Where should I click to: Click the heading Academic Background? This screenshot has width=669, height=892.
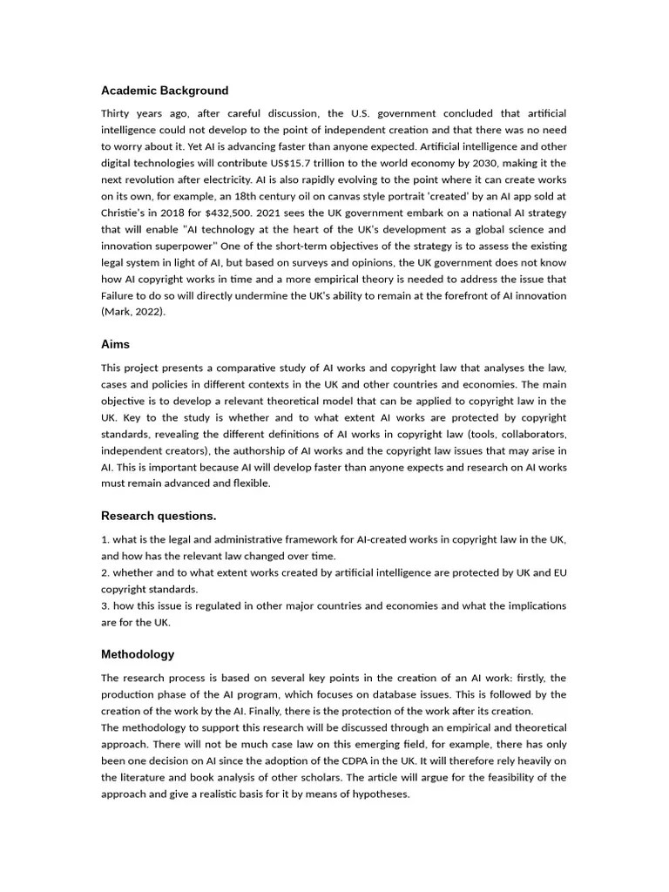(165, 91)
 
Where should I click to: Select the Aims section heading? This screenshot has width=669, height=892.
(115, 345)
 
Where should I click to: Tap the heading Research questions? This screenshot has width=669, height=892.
(159, 516)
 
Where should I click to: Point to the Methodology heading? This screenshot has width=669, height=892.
(138, 654)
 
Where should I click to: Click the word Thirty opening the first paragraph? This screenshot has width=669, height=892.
(118, 114)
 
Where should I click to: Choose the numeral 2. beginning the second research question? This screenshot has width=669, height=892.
(105, 572)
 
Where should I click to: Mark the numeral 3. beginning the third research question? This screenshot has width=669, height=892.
(105, 605)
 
